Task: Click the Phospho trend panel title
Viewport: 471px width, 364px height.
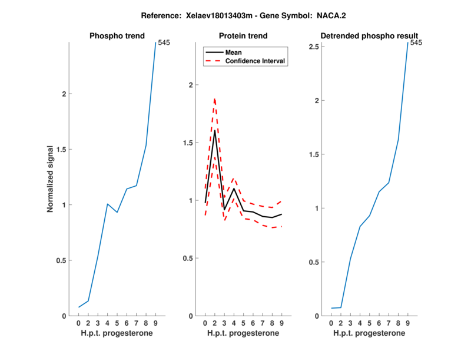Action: coord(117,36)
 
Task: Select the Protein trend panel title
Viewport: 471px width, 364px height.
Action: coord(243,36)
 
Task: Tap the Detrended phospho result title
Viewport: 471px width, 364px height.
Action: coord(369,36)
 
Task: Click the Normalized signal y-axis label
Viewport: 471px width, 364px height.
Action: coord(51,179)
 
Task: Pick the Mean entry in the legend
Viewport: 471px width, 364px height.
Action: coord(234,52)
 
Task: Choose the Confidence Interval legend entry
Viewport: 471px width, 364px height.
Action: coord(256,61)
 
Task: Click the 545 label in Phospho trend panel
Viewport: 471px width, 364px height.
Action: coord(164,42)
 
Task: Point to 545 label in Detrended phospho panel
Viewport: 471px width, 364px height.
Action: coord(416,42)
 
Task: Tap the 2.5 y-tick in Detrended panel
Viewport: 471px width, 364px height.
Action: coord(314,47)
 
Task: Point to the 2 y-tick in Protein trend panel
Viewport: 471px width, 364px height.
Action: coord(191,85)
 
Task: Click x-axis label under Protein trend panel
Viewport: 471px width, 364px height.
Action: coord(243,333)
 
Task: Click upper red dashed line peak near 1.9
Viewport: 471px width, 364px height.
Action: coord(214,99)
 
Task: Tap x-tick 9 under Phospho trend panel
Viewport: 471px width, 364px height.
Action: coord(155,323)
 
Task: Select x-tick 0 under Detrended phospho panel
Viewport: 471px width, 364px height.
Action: coord(331,323)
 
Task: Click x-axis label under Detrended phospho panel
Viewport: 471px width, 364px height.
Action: coord(369,333)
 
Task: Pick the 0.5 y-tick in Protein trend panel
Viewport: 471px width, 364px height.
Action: coord(187,258)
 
